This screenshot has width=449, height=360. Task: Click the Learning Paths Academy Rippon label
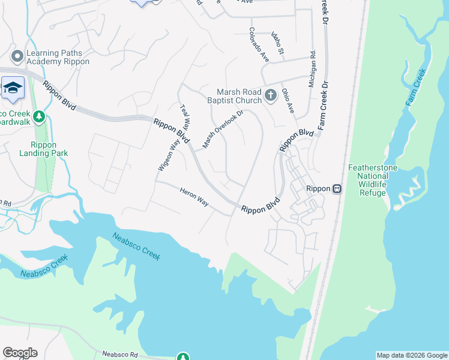click(58, 58)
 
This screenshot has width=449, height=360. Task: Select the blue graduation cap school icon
click(13, 88)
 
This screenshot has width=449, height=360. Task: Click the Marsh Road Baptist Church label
click(239, 97)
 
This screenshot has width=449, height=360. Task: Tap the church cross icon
click(270, 95)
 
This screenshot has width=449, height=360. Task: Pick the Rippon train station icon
click(337, 188)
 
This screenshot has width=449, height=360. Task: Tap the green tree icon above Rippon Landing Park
click(40, 116)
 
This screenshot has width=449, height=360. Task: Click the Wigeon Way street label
click(169, 154)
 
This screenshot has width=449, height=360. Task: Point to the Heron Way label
click(194, 197)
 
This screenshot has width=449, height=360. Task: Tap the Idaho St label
click(278, 44)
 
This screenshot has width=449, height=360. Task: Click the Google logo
click(20, 353)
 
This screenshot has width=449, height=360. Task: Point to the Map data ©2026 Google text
click(411, 355)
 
